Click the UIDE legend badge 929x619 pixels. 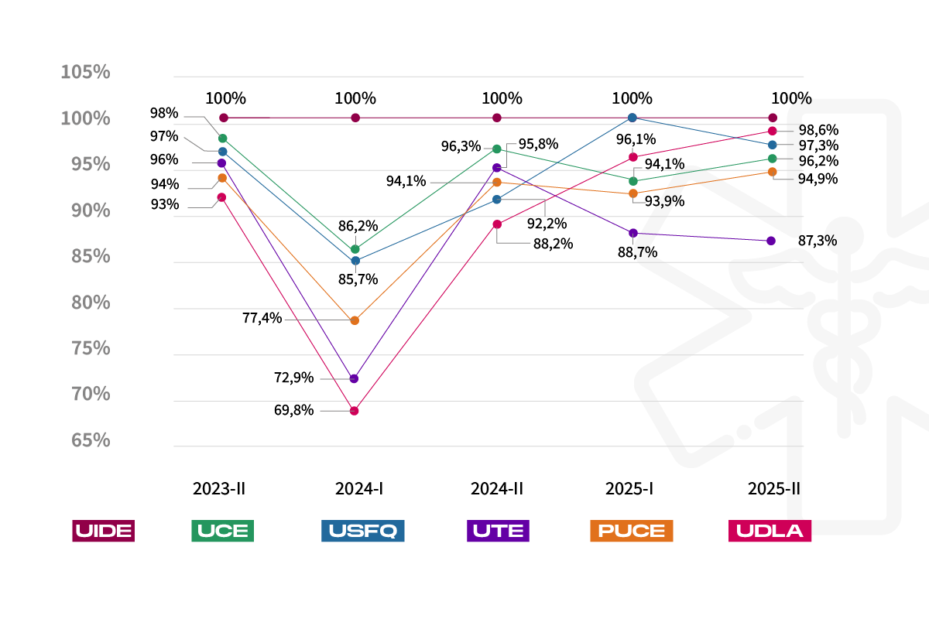[103, 531]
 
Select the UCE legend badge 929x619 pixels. [222, 531]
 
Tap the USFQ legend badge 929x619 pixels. [362, 531]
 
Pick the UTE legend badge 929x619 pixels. [499, 531]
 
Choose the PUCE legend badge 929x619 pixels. [631, 531]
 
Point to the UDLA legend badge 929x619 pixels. [770, 531]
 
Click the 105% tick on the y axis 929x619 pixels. [85, 72]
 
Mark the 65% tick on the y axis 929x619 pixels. [85, 440]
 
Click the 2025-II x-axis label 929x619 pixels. [773, 489]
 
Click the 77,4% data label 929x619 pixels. [262, 318]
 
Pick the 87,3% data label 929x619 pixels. [818, 241]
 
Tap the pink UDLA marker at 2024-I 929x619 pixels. [354, 411]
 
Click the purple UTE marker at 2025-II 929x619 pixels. [771, 241]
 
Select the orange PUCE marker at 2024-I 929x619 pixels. [355, 320]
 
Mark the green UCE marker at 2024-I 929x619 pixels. [355, 249]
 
